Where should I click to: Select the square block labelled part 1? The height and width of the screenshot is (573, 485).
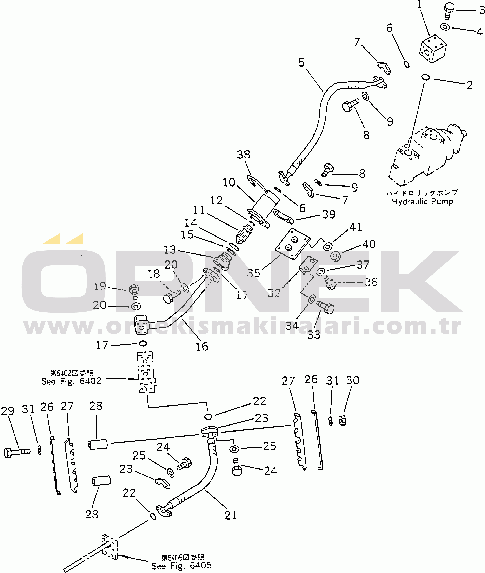(433, 49)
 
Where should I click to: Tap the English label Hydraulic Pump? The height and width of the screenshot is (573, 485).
(422, 202)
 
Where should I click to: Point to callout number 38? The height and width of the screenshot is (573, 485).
(243, 155)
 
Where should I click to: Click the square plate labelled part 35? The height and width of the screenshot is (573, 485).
(293, 244)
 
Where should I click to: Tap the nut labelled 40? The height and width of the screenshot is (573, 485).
(335, 256)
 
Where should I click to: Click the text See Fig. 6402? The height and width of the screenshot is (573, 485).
(72, 381)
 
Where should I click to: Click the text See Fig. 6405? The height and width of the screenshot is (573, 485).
(181, 566)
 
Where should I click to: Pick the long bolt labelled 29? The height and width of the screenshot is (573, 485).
(16, 453)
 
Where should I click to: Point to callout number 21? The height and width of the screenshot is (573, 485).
(230, 515)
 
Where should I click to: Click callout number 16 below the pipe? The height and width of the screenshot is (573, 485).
(202, 346)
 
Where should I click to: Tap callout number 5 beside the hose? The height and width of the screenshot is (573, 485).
(302, 63)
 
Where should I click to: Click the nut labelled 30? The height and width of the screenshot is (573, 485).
(342, 421)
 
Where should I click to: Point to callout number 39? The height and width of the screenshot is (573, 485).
(329, 214)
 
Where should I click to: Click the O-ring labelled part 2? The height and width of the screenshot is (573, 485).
(425, 77)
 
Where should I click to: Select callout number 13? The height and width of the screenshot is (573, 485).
(170, 250)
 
